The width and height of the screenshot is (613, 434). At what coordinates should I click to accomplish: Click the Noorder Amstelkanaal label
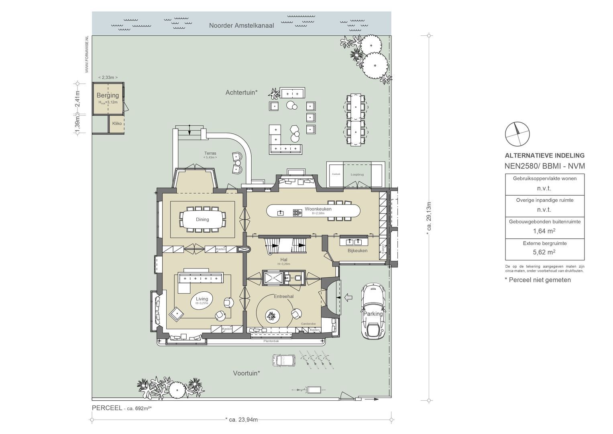(241, 25)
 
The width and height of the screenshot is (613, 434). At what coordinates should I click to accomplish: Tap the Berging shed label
(108, 95)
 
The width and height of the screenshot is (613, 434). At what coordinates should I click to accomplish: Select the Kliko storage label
(117, 123)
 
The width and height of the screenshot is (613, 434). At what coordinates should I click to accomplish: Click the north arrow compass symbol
(517, 134)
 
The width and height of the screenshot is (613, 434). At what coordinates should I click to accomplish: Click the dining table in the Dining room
(202, 219)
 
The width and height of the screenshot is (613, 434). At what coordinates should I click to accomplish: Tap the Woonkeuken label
(318, 209)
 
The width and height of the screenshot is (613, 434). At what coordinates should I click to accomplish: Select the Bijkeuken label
(357, 251)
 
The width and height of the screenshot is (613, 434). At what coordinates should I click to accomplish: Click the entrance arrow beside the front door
(348, 297)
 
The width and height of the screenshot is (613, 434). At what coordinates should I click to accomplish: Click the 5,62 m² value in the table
(544, 252)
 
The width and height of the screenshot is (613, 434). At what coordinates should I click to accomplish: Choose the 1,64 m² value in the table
(544, 231)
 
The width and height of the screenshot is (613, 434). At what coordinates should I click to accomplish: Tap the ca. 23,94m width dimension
(241, 420)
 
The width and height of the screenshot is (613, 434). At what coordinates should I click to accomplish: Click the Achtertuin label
(241, 92)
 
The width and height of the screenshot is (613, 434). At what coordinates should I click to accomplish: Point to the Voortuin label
(246, 373)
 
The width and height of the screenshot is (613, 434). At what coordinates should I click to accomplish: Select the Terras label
(210, 153)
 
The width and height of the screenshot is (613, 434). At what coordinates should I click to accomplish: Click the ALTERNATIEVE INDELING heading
(544, 156)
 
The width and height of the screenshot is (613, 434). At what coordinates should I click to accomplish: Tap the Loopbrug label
(357, 175)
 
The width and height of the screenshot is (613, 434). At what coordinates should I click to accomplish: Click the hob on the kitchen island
(297, 213)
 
